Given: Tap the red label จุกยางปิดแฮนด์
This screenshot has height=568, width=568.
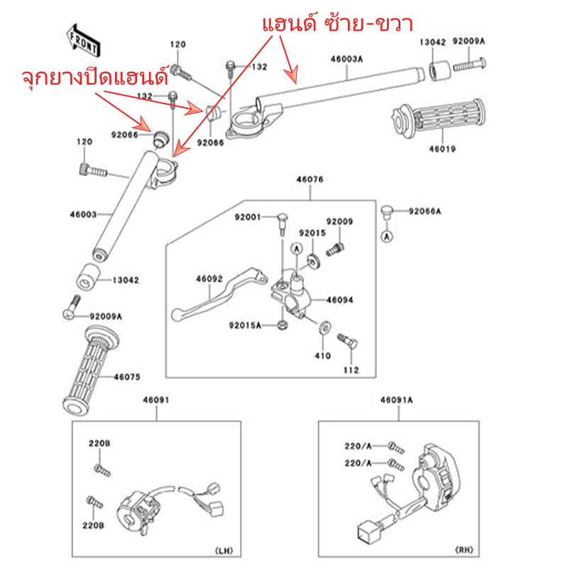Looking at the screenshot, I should (x=94, y=77).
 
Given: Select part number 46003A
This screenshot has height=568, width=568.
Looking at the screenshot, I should (x=346, y=60).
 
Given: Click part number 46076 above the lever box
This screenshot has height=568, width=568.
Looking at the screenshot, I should (x=310, y=180).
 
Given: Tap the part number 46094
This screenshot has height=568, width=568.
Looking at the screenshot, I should (x=340, y=300).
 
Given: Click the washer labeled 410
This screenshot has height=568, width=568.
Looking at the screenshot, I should (x=325, y=327).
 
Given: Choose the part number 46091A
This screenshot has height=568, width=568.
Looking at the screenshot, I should (x=396, y=400).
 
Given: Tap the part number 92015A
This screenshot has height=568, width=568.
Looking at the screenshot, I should (x=245, y=325).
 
